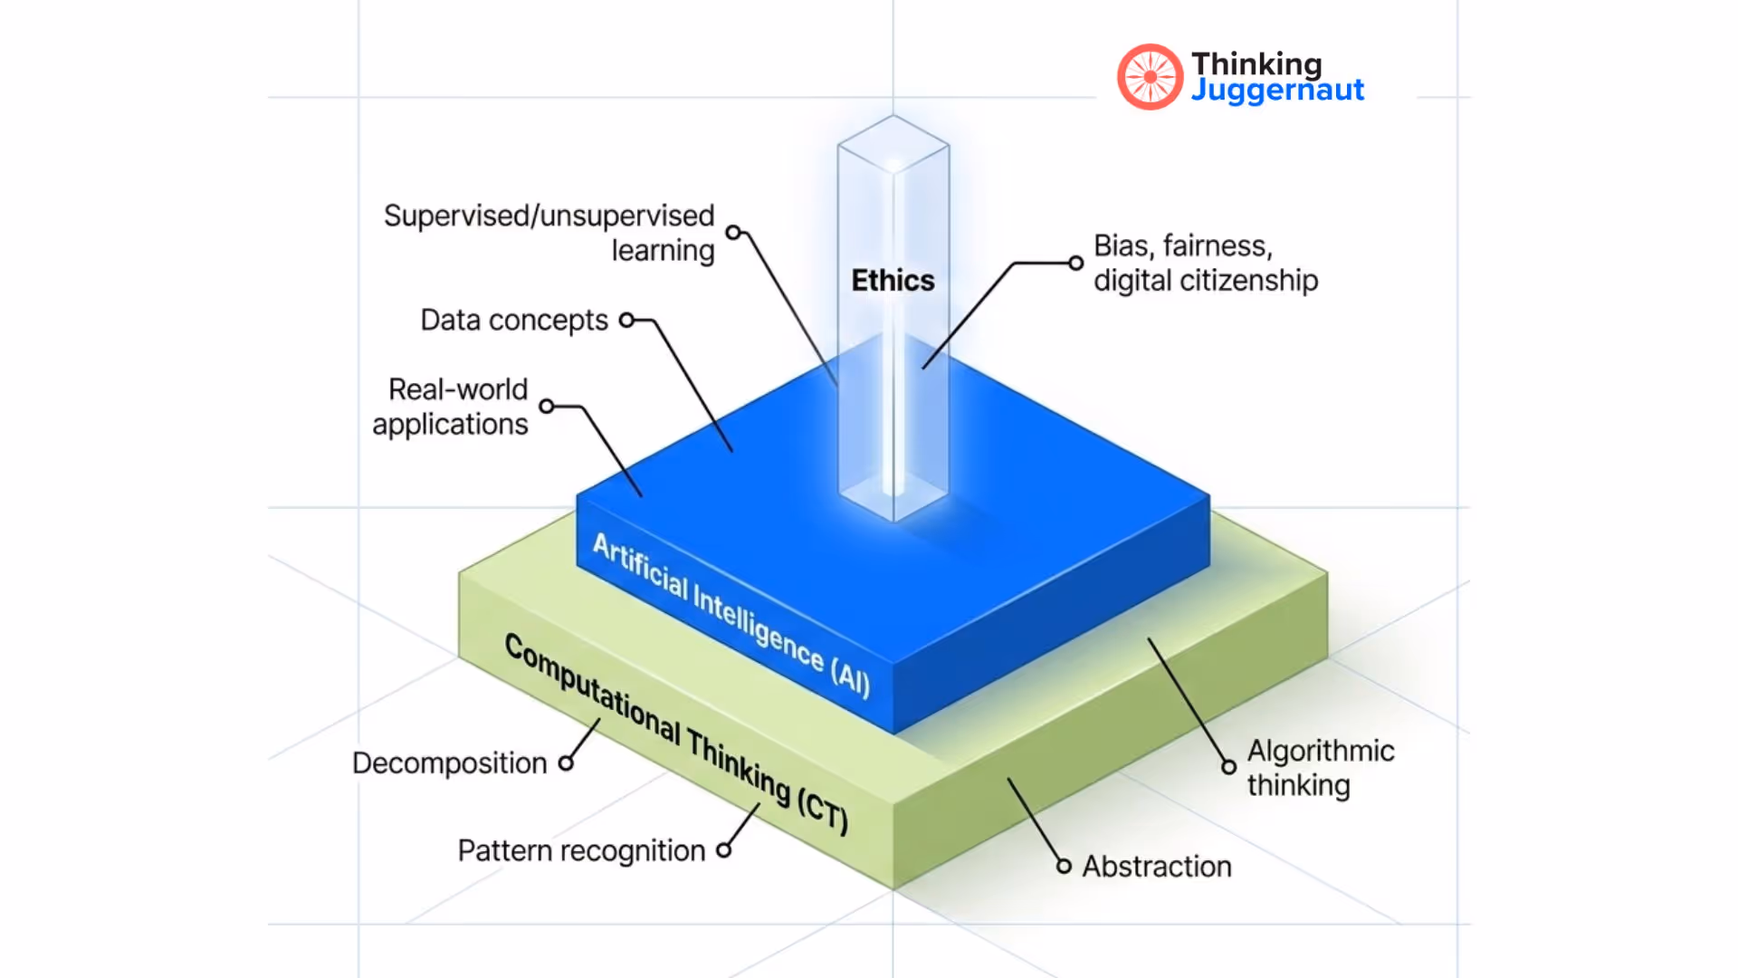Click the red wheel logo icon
point(1150,77)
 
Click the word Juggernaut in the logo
point(1277,91)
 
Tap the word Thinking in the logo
point(1256,63)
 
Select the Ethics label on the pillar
point(893,281)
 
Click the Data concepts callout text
point(514,321)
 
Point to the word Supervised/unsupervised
point(549,216)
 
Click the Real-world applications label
point(451,407)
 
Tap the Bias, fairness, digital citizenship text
point(1205,264)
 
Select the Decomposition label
point(449,763)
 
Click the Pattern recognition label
point(581,851)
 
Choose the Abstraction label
point(1157,867)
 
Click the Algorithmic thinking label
point(1320,768)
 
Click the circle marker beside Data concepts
point(626,320)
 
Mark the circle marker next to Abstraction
point(1064,867)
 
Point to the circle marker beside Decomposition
point(566,763)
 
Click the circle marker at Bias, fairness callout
point(1075,264)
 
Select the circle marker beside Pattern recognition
point(723,850)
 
